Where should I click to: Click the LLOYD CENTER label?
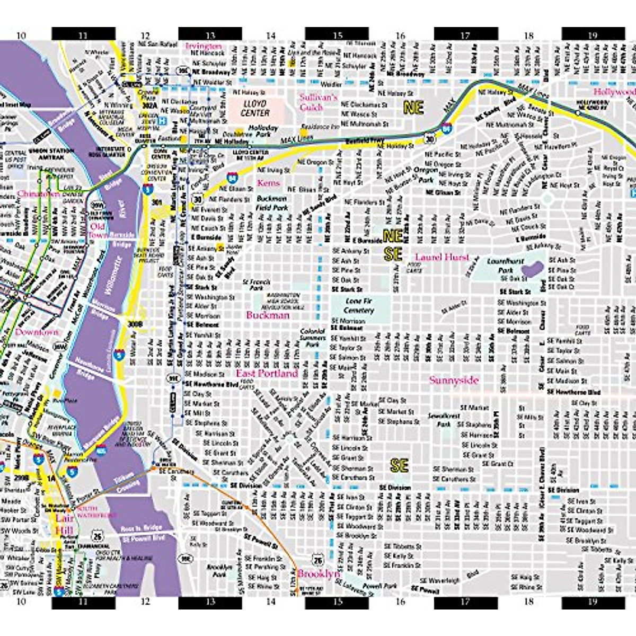(255, 108)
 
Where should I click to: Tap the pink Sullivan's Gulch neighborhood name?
(318, 102)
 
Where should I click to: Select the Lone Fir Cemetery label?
(359, 305)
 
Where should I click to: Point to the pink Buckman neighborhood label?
(268, 315)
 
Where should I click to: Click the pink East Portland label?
(267, 373)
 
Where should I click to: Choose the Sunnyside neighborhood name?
(454, 380)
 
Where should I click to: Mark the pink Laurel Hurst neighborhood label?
(442, 257)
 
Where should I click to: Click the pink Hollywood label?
(614, 92)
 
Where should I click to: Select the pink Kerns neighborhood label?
(268, 183)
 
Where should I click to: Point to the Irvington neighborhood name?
(204, 46)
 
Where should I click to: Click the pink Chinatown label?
(38, 194)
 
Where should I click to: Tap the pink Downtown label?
(37, 332)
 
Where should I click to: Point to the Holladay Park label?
(263, 131)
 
